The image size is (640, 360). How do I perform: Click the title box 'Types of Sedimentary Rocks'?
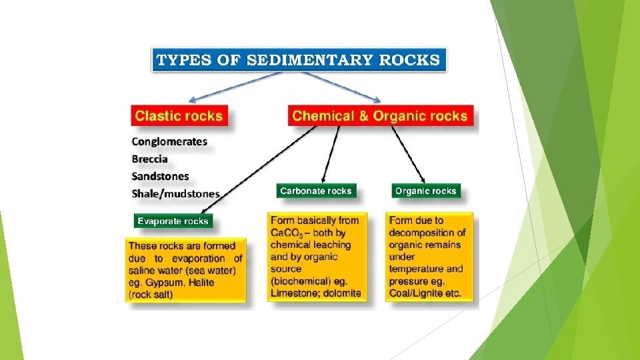point(298,60)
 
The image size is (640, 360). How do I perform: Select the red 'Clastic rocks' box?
point(179,116)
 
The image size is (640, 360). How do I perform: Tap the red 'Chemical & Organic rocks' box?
point(380,116)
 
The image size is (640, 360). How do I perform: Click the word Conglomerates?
point(169,141)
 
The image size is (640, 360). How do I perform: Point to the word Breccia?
point(150,159)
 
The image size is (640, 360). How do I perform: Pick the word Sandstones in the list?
point(160,176)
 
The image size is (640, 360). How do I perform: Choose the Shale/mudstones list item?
point(175,193)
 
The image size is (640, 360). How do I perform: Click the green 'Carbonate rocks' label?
point(315,191)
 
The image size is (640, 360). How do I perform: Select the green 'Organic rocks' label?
point(425,191)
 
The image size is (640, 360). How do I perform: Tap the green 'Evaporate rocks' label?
point(173,221)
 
